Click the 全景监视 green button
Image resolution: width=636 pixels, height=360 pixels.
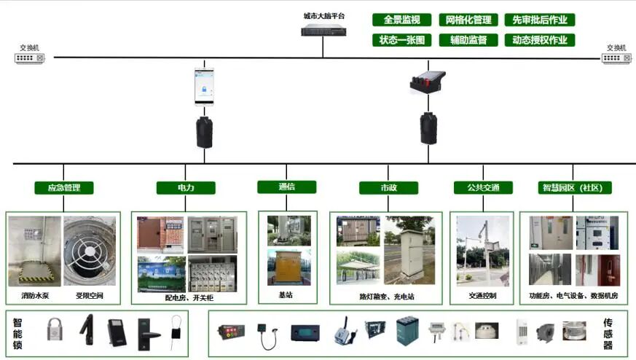(x=401, y=20)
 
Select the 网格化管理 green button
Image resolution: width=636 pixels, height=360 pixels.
(x=468, y=20)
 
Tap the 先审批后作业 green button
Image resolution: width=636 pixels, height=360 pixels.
(x=539, y=20)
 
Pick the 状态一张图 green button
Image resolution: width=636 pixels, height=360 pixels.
(x=401, y=40)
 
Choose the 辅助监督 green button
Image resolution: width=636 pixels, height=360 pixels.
(x=468, y=40)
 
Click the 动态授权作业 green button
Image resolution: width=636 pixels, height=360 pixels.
(x=539, y=40)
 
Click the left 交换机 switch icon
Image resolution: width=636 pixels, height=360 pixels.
(x=30, y=58)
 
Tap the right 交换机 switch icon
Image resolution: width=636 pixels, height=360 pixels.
(x=616, y=58)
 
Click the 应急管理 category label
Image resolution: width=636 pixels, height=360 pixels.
(x=64, y=188)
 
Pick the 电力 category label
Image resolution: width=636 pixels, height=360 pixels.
(x=186, y=188)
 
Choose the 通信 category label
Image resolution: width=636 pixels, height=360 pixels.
(x=286, y=187)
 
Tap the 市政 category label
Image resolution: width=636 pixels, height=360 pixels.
(x=388, y=188)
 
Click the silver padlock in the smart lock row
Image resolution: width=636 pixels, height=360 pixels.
(x=54, y=330)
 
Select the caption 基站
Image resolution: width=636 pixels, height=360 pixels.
(x=286, y=296)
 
